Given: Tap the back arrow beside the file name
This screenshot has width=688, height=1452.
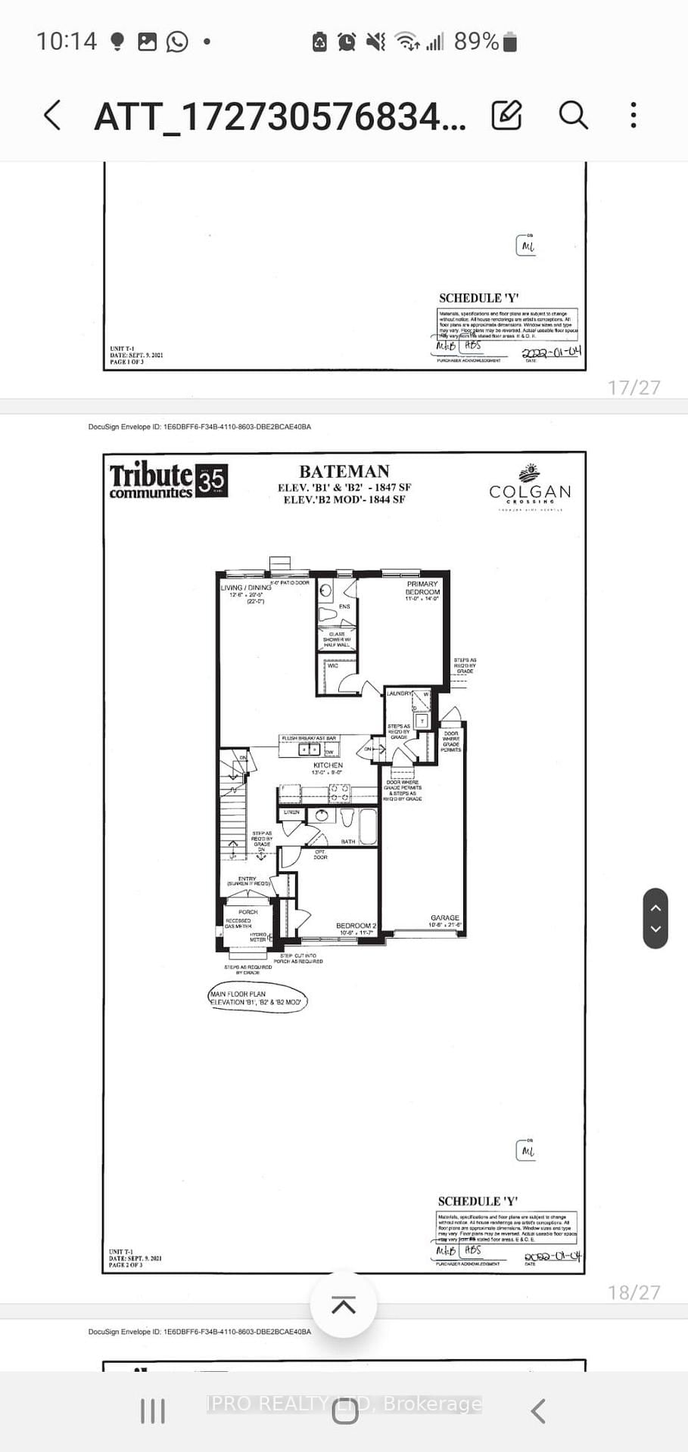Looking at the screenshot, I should point(52,116).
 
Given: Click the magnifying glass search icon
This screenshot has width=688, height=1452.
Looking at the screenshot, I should point(573,116).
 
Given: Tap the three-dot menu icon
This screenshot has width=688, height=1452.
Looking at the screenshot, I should point(634,116).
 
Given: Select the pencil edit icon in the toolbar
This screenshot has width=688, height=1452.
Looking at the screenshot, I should point(506,116).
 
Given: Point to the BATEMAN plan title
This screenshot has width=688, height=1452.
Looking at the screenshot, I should point(344,471).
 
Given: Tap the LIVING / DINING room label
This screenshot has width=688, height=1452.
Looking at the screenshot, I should point(246,588).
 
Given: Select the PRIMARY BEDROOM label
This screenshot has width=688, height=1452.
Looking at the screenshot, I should point(422,588).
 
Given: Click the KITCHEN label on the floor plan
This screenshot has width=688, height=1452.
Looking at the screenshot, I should point(328,765).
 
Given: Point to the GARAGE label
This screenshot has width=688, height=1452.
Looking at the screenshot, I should point(445,917).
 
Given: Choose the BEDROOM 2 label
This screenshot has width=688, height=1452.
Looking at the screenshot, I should point(356,926).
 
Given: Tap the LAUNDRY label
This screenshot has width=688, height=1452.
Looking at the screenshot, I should point(399,693).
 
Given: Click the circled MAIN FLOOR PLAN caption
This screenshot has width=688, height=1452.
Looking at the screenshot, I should point(257,998).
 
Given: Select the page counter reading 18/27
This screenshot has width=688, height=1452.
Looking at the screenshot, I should point(634,1292).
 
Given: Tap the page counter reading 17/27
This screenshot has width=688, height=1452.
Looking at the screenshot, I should point(634,387).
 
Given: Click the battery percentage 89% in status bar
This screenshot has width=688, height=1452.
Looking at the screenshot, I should point(476,42).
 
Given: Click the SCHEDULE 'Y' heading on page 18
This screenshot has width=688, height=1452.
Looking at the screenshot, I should point(478,1201).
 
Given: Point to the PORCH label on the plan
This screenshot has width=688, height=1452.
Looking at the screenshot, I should point(247,912).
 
